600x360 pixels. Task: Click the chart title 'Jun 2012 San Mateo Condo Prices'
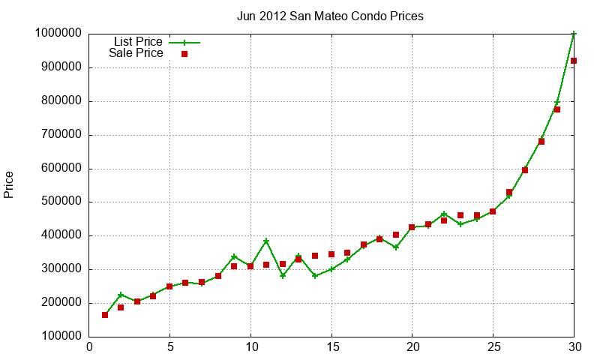[x=330, y=16]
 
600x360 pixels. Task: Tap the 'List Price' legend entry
[x=138, y=41]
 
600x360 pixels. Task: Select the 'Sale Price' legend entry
[x=136, y=53]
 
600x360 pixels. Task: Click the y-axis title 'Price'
[x=9, y=184]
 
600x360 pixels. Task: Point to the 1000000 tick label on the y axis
[x=58, y=34]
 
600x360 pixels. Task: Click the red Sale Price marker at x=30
[x=574, y=61]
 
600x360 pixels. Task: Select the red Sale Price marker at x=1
[x=105, y=315]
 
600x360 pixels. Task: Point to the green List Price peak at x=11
[x=266, y=241]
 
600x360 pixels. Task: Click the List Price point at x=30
[x=574, y=34]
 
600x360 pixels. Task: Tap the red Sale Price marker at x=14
[x=315, y=256]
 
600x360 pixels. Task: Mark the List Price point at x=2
[x=121, y=295]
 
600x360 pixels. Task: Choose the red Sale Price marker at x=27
[x=525, y=170]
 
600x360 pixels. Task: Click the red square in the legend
[x=184, y=54]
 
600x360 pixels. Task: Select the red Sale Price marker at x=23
[x=460, y=216]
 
